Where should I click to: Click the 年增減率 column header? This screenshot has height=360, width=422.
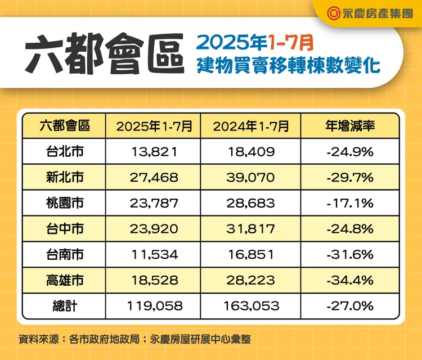tap(350, 125)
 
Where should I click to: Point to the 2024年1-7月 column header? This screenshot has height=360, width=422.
tap(251, 126)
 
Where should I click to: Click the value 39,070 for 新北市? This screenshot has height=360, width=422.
tap(251, 177)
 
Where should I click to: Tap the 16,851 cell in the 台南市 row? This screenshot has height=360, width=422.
tap(251, 255)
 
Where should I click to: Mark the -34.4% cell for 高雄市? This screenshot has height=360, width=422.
tap(350, 280)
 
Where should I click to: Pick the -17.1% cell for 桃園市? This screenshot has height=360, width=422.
tap(350, 203)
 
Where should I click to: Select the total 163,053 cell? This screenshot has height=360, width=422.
tap(251, 306)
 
